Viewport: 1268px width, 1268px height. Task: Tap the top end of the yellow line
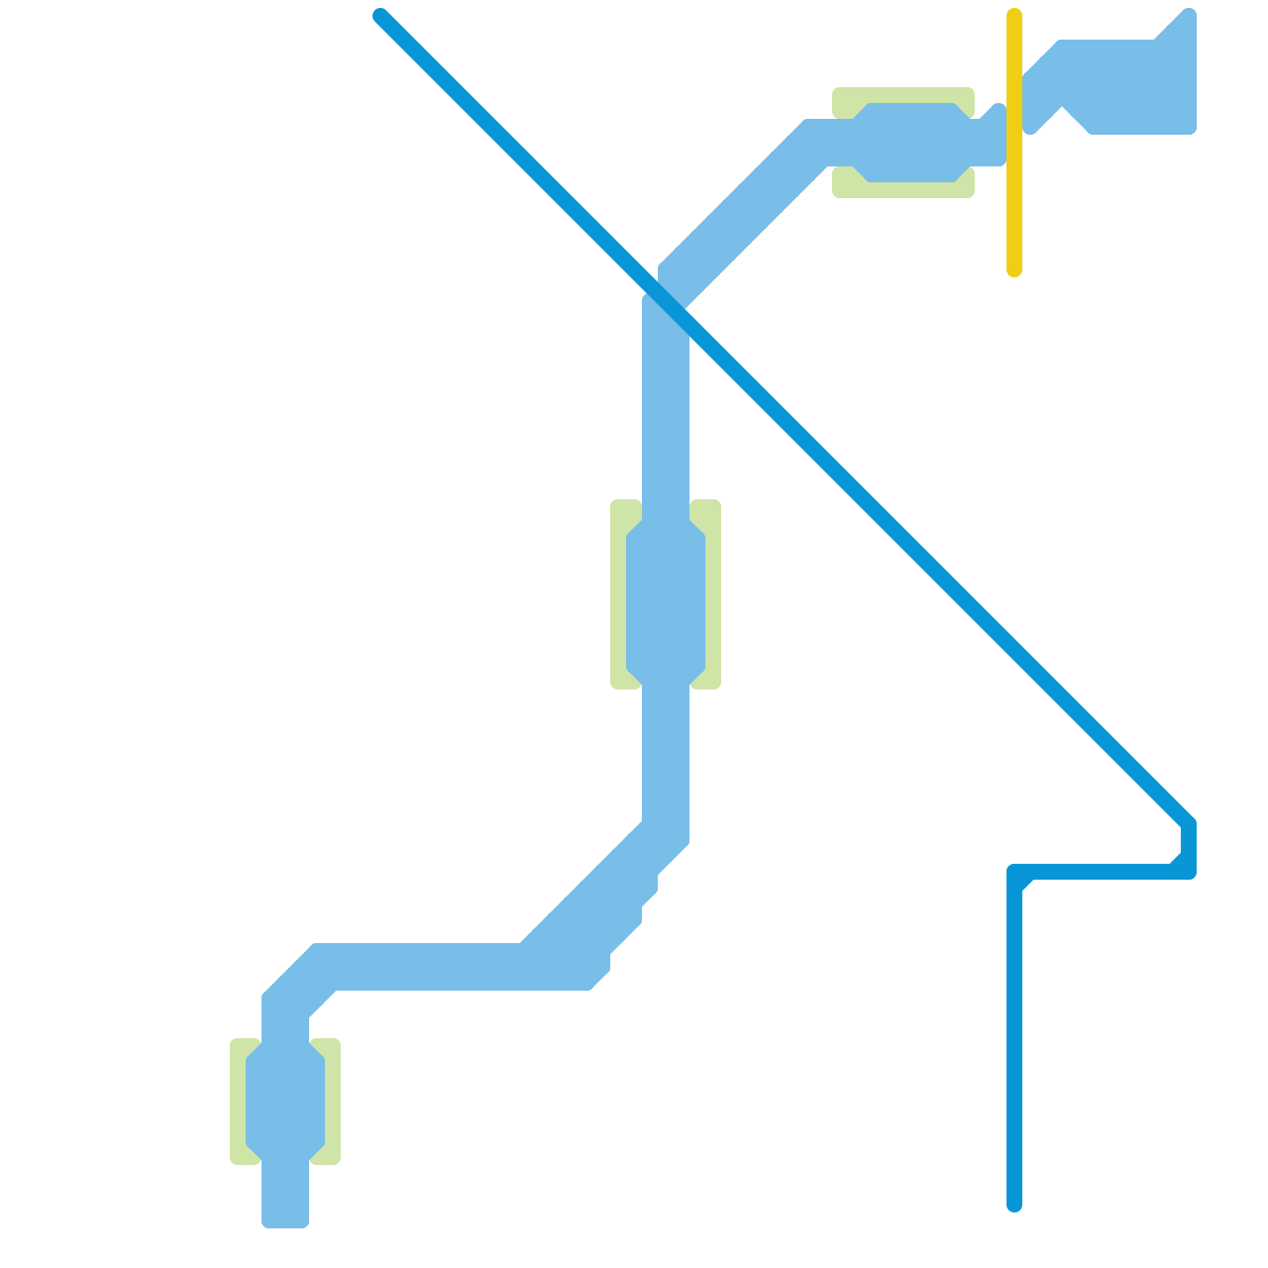click(1014, 14)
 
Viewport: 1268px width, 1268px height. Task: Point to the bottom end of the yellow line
click(1014, 271)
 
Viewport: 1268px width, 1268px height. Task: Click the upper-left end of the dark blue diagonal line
click(381, 16)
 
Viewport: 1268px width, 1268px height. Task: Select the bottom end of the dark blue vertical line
click(1014, 1205)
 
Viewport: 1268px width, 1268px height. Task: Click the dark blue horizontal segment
click(1102, 872)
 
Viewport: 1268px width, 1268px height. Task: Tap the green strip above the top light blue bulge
click(903, 95)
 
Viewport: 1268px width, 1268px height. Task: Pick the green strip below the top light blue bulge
click(903, 189)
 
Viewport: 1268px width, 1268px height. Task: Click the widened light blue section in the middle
click(666, 602)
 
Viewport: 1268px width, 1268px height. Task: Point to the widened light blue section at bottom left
click(285, 1102)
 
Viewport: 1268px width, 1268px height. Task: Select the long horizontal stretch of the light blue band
click(428, 967)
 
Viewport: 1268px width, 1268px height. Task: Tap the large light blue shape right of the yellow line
click(1125, 87)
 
